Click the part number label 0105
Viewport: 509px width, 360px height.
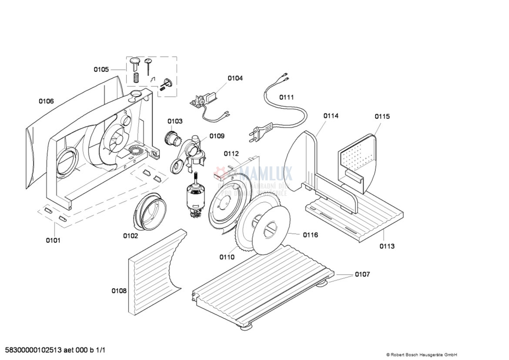point(101,69)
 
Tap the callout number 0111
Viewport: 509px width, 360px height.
point(286,97)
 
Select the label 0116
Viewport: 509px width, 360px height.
point(311,235)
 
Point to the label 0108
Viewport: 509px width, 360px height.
point(119,290)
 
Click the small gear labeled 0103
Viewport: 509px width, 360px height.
point(172,138)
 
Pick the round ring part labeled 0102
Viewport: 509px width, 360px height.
point(150,211)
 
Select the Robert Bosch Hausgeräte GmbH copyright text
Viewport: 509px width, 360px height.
point(421,355)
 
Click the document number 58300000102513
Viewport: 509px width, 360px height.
point(33,350)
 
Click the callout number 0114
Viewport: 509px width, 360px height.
point(331,116)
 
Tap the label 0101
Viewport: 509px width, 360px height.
point(54,240)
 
